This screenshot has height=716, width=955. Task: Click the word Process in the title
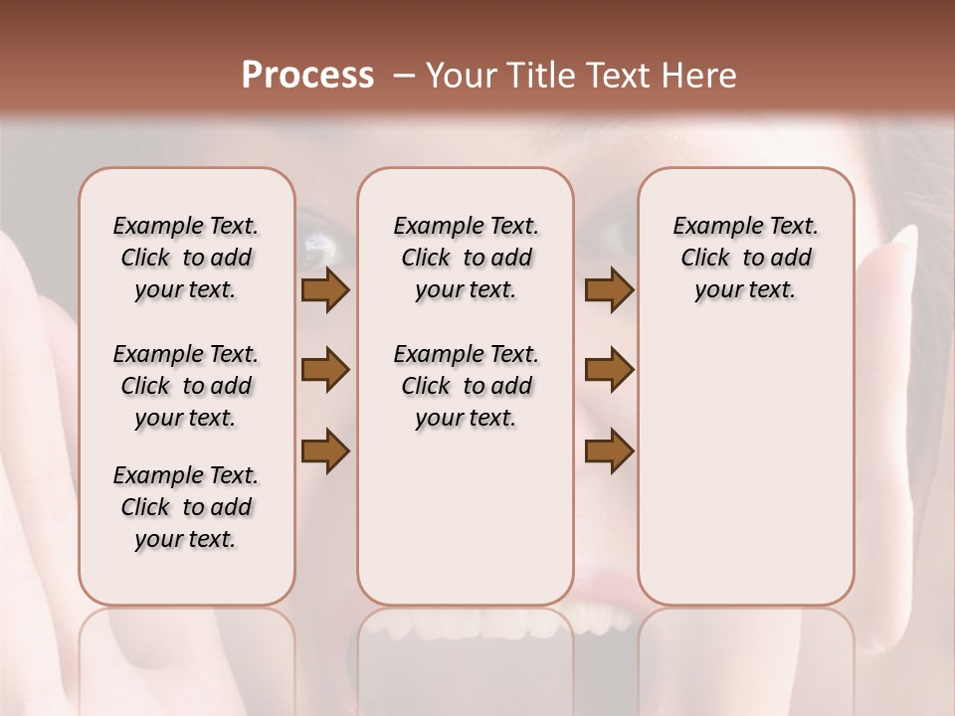(307, 76)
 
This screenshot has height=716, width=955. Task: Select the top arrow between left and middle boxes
(325, 290)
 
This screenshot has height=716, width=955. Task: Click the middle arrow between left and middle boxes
(325, 371)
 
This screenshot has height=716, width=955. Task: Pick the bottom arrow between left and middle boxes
(325, 450)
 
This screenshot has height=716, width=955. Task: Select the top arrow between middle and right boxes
(609, 290)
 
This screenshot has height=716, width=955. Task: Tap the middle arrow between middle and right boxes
(609, 371)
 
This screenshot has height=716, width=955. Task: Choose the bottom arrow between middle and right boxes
(609, 450)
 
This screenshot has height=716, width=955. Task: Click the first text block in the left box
(186, 258)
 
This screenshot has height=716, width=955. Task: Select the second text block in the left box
(186, 386)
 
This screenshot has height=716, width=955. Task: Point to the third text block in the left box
(186, 507)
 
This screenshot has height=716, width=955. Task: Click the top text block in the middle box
(466, 258)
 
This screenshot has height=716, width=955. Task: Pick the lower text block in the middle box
(466, 386)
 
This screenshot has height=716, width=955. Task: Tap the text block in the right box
(745, 258)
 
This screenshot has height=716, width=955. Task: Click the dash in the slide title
(402, 76)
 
